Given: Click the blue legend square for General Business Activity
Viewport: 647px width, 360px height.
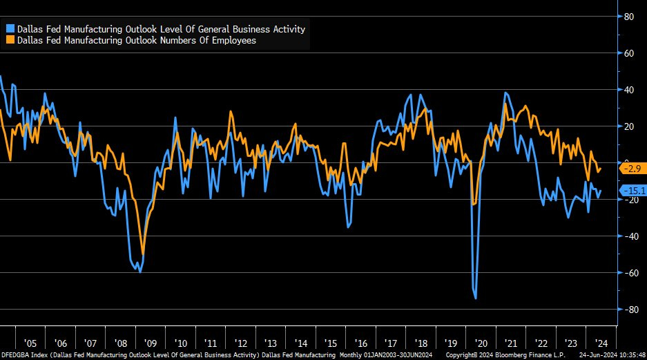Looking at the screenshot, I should coord(10,29).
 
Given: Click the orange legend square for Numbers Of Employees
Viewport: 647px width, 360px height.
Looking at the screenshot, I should coord(10,40).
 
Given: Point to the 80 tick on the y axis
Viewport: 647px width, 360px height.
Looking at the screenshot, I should coord(629,17).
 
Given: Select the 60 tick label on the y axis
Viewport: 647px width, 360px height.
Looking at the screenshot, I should coord(629,53).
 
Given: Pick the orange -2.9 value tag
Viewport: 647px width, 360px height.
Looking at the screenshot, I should coord(631,168).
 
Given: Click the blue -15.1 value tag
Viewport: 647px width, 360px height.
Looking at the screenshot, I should coord(631,191).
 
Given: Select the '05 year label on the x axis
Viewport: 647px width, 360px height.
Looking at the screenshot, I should coord(30,343).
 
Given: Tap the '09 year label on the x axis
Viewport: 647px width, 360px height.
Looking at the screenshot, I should coord(150,343).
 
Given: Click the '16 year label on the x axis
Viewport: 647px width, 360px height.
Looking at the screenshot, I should coord(360,343).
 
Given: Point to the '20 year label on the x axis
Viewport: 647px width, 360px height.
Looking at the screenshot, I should coord(481,343).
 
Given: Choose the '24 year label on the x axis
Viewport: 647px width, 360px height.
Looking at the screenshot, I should coord(601,343).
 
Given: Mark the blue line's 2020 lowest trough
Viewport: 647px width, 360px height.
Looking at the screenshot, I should coord(476,299).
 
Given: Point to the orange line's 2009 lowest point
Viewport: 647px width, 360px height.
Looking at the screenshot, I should coord(143,254).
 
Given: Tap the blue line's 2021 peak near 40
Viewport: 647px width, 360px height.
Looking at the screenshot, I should coord(506,93).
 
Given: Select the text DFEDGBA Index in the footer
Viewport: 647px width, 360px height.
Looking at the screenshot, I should coord(24,354).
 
